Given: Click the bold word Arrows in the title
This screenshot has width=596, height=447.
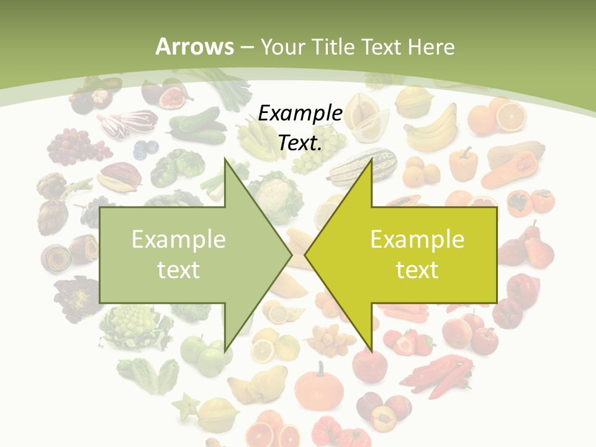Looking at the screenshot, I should (x=194, y=47).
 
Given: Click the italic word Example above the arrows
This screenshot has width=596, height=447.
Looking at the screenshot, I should (x=300, y=114).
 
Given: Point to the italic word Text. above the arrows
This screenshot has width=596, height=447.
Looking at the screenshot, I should (x=300, y=143).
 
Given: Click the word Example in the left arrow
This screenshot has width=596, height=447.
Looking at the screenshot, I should (x=178, y=239).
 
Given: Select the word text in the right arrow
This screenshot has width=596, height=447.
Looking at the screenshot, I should (x=417, y=269).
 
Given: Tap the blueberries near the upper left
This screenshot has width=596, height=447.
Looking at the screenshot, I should (x=146, y=148).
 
